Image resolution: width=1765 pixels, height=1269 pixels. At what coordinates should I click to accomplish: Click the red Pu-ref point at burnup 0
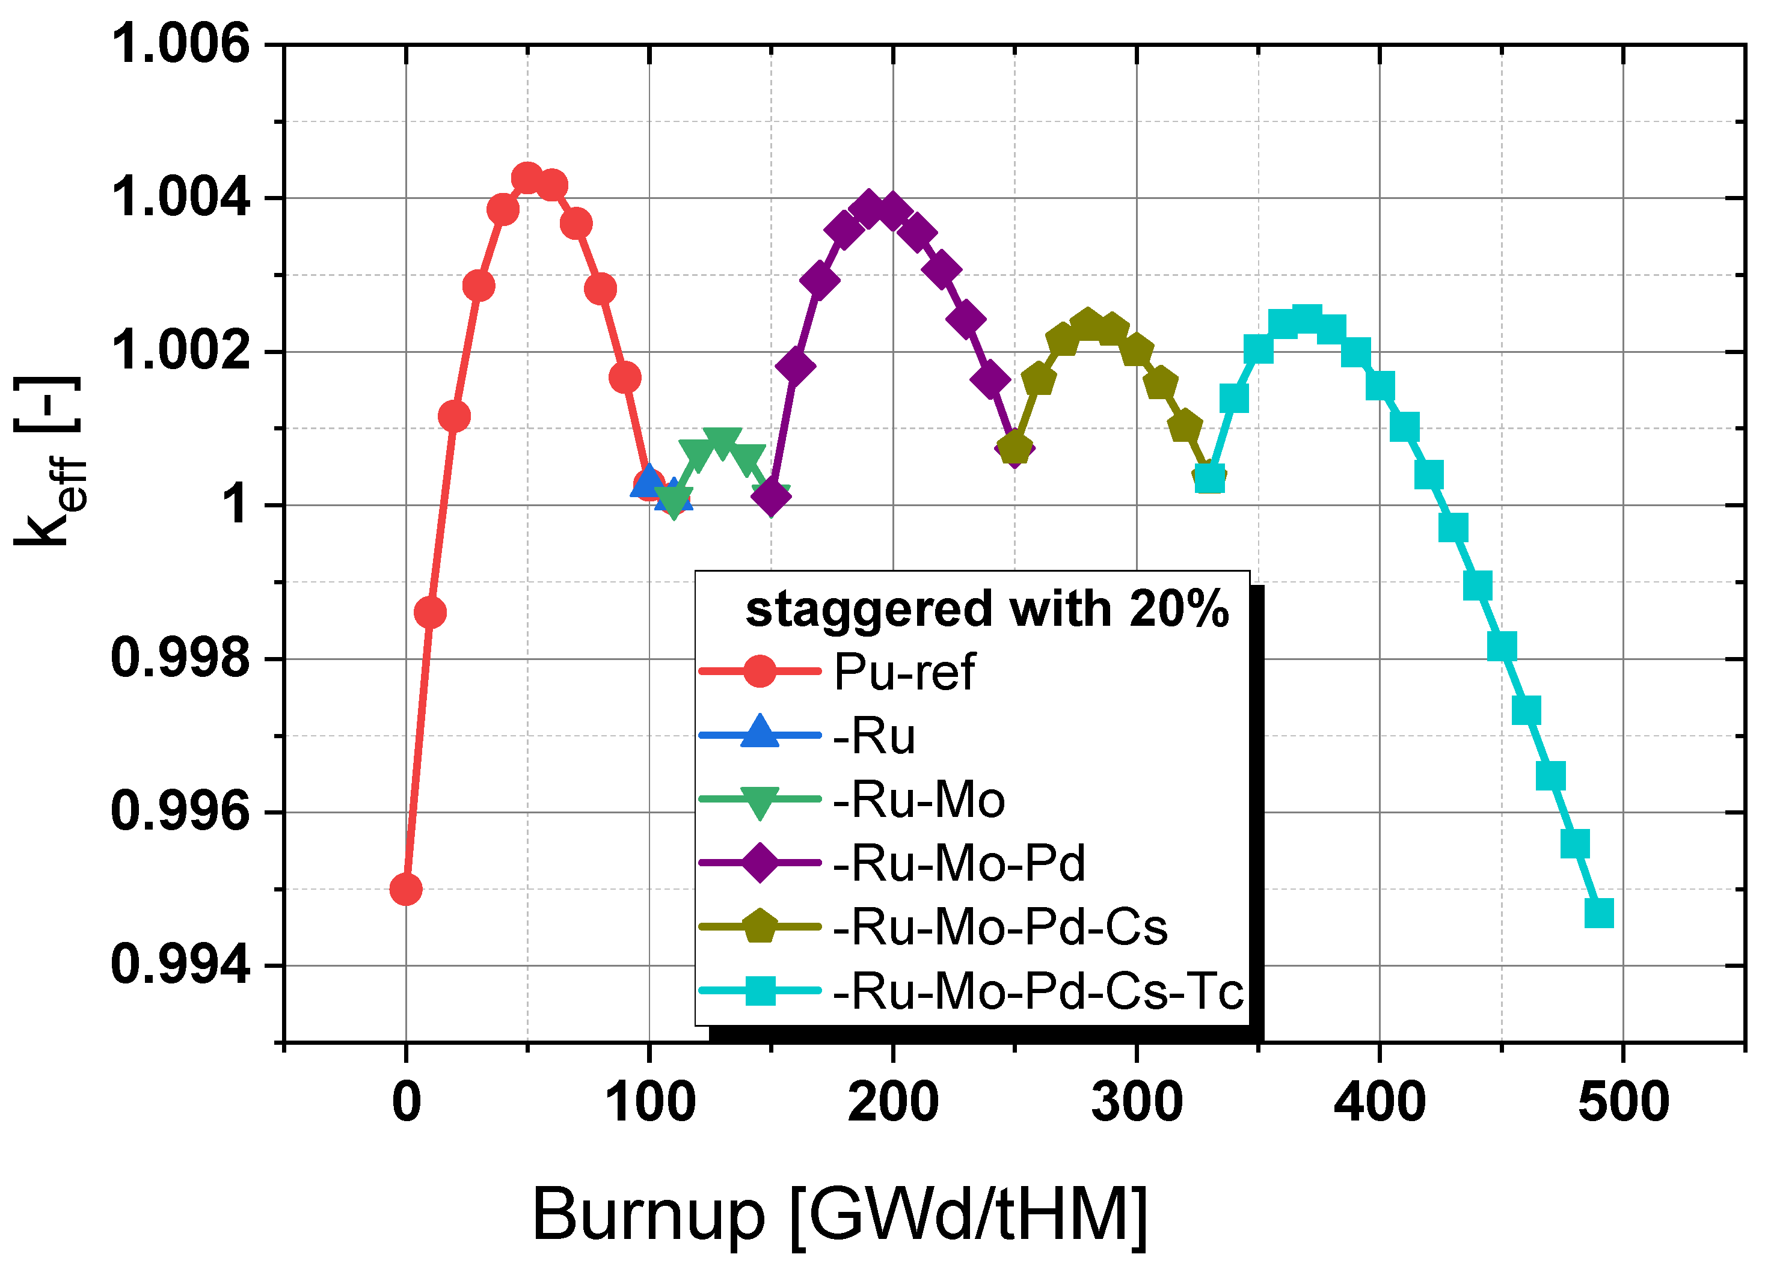(x=405, y=888)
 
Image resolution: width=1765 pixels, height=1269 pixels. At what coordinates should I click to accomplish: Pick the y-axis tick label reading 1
(x=236, y=504)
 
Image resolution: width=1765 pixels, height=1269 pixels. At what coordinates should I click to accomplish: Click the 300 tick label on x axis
(x=1136, y=1102)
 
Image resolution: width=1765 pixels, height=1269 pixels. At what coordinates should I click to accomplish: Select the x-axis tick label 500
(x=1622, y=1102)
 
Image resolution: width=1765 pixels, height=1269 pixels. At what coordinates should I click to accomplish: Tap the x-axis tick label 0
(x=405, y=1102)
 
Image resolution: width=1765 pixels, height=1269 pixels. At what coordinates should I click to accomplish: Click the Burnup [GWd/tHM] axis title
(x=839, y=1214)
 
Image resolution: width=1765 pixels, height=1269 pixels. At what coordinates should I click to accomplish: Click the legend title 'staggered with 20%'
(x=987, y=608)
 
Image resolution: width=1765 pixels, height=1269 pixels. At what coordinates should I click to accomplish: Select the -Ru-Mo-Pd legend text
(x=959, y=862)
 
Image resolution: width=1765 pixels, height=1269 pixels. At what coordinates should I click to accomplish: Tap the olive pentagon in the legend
(x=760, y=926)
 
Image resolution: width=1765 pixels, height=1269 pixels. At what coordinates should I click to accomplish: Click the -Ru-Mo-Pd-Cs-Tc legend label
(x=1037, y=991)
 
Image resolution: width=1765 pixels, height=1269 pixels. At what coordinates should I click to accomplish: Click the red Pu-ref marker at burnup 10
(x=429, y=613)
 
